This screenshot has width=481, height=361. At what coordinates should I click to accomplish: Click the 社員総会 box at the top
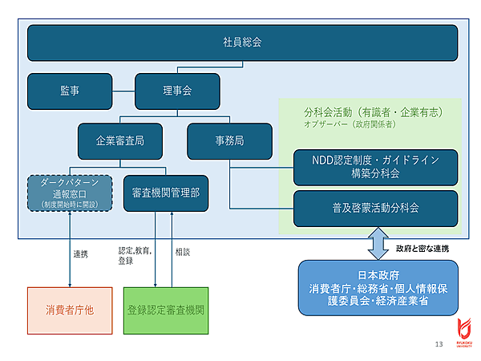(242, 43)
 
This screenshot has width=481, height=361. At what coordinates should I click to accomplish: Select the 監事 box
(69, 91)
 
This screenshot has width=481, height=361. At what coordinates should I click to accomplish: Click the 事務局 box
(228, 140)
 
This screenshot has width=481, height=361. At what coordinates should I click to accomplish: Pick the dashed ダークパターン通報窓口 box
(71, 193)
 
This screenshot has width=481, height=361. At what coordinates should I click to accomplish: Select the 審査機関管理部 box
(166, 193)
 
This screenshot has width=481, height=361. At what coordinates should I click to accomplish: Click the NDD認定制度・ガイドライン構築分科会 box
(375, 166)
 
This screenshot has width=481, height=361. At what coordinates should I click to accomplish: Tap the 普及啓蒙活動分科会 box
(375, 208)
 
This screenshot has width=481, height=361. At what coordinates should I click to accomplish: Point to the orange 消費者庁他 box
(71, 310)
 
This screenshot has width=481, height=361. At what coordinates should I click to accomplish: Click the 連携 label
(81, 254)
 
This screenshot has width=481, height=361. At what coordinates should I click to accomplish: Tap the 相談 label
(184, 252)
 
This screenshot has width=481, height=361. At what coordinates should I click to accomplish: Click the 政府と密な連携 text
(422, 248)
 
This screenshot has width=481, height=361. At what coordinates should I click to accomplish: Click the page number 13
(439, 344)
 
